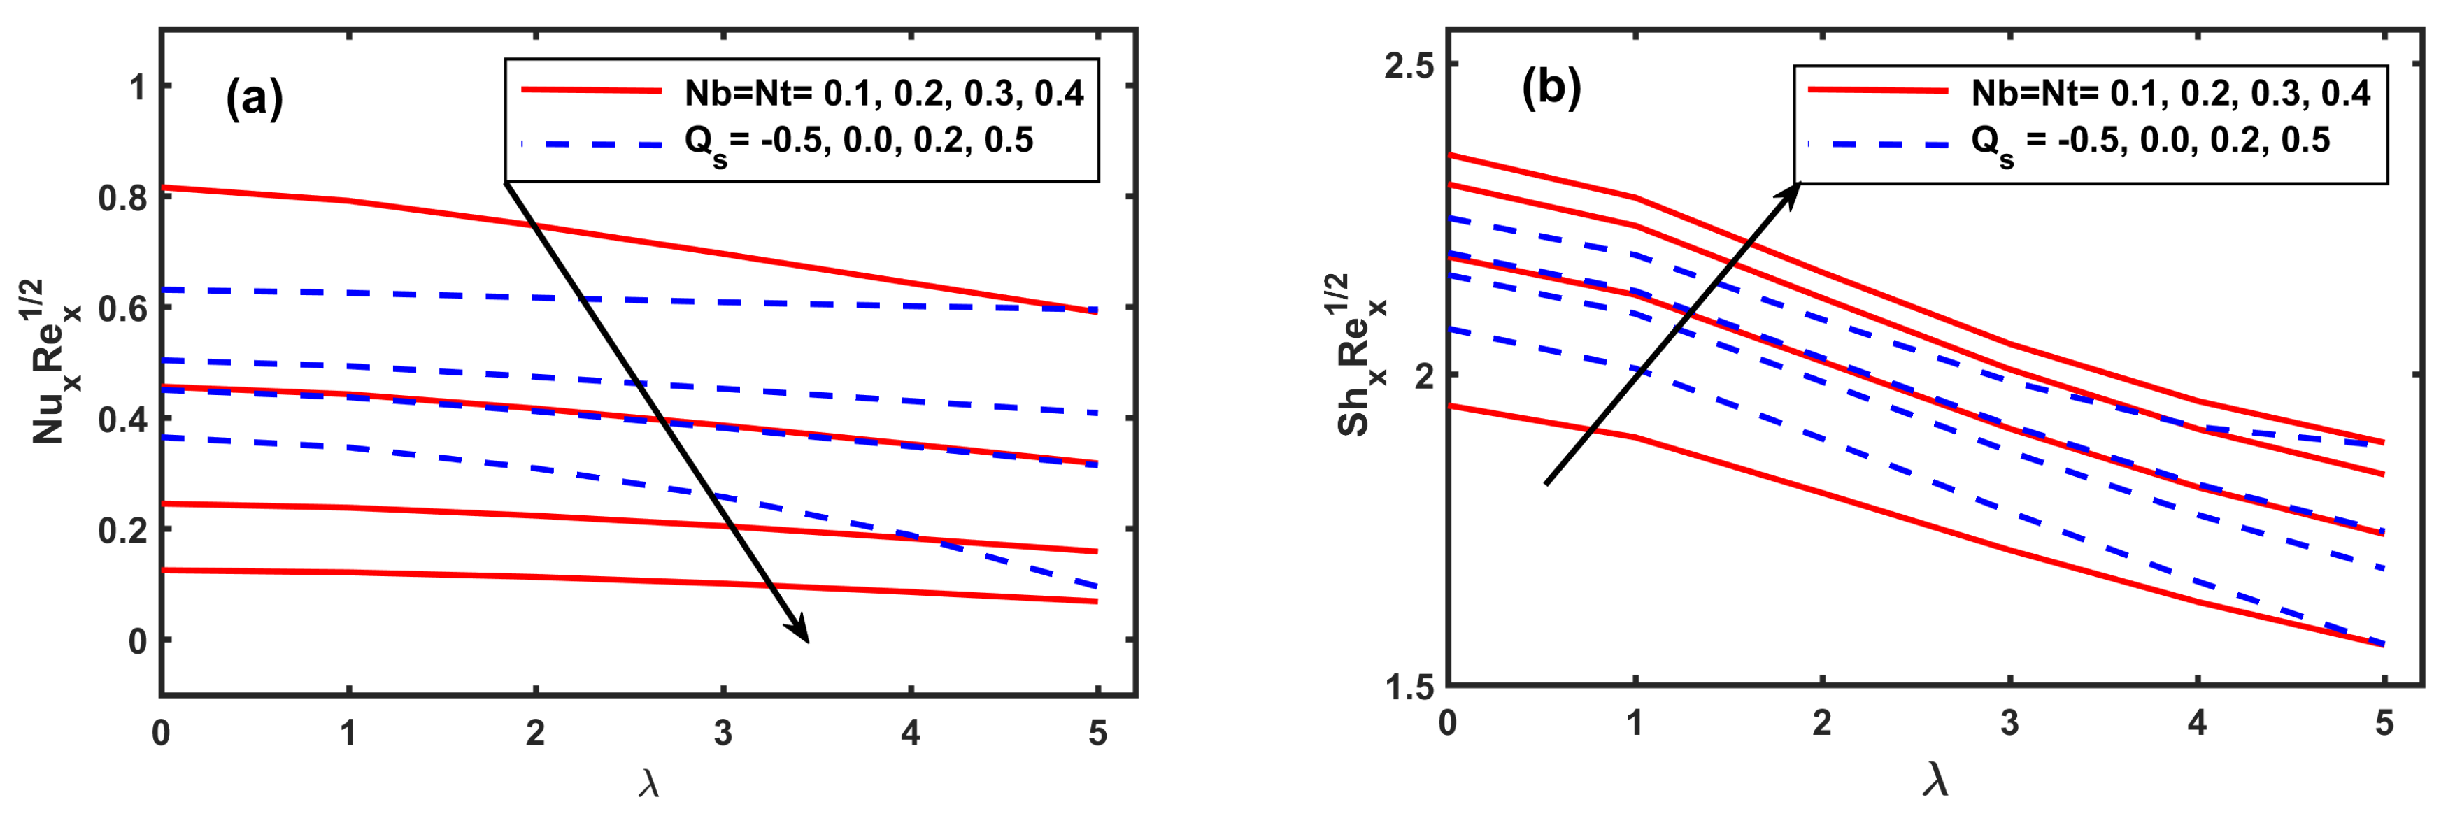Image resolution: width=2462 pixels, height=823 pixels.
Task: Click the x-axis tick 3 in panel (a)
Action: tap(723, 733)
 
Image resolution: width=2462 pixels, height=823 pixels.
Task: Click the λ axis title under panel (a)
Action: tap(649, 785)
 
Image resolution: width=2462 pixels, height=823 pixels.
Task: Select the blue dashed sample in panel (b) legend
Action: tap(1878, 144)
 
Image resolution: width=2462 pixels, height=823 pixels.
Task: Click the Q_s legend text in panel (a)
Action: tap(858, 143)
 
